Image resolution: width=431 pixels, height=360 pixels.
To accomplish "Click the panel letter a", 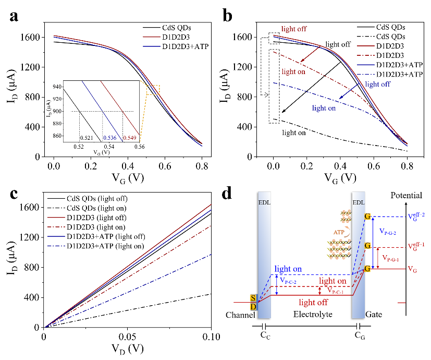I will tap(15, 16).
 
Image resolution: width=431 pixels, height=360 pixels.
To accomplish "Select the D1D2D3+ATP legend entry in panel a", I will tap(178, 47).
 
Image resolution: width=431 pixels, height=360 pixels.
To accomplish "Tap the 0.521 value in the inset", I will tap(86, 137).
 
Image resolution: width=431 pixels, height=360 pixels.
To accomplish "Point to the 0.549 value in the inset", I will tap(130, 137).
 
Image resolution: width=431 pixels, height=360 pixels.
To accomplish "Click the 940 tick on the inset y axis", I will tap(55, 88).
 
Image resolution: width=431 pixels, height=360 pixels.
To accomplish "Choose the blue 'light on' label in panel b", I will tap(324, 108).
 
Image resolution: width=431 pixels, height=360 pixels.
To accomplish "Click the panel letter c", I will tap(15, 193).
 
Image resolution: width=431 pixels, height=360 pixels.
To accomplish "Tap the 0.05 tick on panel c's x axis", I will tap(128, 336).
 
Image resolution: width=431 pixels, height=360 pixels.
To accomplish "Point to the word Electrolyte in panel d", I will tap(313, 315).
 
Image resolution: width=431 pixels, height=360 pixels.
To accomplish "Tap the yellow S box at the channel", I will tap(253, 298).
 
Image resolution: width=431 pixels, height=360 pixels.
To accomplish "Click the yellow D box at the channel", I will tap(253, 306).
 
